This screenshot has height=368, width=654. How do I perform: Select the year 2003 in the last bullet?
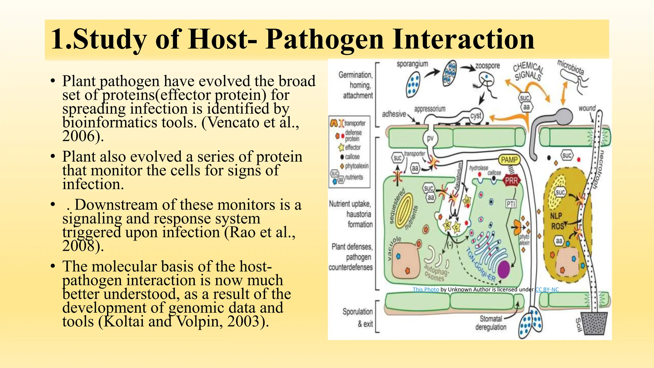coord(246,322)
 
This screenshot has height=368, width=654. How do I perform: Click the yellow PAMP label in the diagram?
coord(509,160)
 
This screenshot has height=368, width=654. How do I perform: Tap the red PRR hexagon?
coord(511,181)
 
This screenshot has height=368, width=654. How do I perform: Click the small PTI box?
coord(511,203)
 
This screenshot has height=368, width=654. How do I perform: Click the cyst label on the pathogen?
coord(475,116)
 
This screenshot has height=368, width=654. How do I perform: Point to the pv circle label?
coord(430,138)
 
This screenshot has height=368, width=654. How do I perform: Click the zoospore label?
coord(487,66)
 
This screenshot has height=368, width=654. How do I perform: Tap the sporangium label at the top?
coord(412,64)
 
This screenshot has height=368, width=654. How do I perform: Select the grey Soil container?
coord(593,323)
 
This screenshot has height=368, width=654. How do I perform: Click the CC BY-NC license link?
coord(547,289)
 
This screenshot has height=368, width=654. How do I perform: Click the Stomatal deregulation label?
coord(491,323)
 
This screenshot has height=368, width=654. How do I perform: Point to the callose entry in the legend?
coord(352,157)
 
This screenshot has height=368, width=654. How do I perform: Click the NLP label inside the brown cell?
coord(556,216)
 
